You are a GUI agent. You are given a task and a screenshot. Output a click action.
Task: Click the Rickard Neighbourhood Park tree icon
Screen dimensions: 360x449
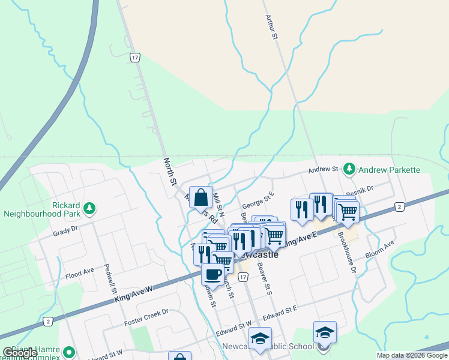[x=89, y=208]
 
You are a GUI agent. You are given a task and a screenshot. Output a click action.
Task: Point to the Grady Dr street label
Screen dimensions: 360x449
[x=66, y=229]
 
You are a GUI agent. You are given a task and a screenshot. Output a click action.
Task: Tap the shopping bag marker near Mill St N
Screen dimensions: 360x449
[x=201, y=197]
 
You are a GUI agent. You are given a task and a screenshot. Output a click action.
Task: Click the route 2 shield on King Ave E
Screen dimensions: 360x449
[x=399, y=207]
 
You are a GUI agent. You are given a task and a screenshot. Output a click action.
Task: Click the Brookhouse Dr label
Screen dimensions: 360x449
[x=347, y=251]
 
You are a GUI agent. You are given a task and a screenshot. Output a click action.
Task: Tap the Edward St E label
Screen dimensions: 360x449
[x=280, y=310]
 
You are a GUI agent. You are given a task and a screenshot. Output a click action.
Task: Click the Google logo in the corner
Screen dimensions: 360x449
[x=20, y=353]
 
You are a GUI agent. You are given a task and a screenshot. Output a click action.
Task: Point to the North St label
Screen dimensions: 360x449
[x=170, y=171]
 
